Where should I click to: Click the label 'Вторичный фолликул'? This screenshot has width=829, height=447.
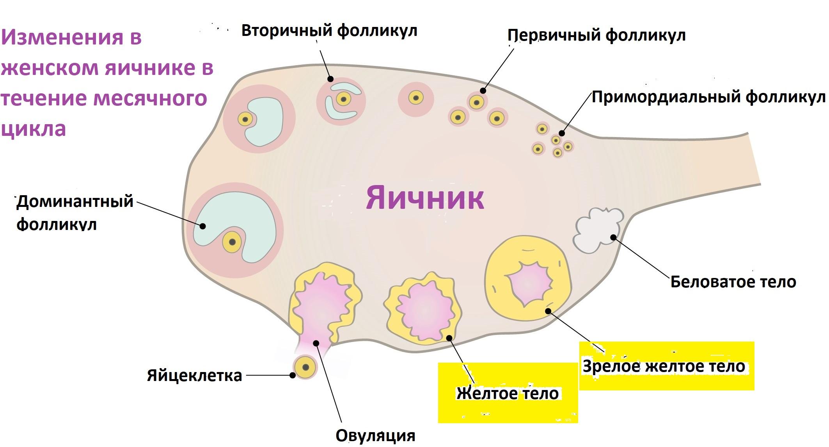pos(329,30)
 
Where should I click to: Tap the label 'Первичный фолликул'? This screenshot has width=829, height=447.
pos(596,36)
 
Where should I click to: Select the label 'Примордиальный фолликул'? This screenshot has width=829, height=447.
pos(708,97)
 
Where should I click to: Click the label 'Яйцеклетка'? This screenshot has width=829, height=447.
pos(194,376)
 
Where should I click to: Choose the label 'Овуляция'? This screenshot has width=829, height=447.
pos(375,435)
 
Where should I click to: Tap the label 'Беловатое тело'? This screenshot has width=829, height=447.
pos(733,281)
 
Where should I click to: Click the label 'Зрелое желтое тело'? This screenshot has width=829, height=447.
pos(664,366)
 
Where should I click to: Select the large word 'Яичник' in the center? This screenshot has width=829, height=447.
pos(425,198)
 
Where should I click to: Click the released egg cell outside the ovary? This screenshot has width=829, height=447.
pos(305,367)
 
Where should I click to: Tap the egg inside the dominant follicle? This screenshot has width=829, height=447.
pos(233,242)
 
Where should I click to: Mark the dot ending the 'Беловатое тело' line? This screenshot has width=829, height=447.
pos(613,237)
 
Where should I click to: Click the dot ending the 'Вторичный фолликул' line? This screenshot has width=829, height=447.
pos(331,79)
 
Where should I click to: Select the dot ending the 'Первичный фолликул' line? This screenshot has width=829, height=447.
pos(483,91)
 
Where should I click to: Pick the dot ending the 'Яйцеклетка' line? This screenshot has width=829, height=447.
pos(293,376)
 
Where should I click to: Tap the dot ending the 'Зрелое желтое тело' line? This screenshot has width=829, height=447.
pos(548,311)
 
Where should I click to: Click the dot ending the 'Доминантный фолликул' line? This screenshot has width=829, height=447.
pos(202,226)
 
